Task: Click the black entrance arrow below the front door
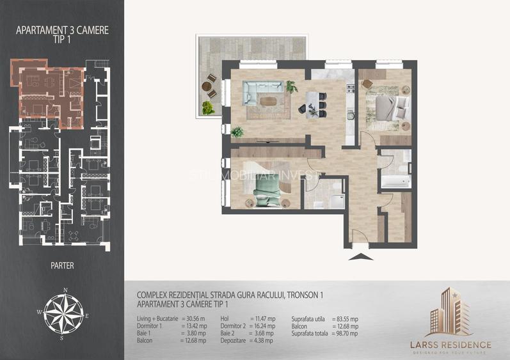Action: coord(362,257)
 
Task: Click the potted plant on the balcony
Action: coord(207,108)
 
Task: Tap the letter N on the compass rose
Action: coord(65,290)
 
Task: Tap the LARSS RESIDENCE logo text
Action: coord(451,345)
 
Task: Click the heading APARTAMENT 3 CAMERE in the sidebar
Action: coord(62,29)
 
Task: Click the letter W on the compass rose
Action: coord(39,313)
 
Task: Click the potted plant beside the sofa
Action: coord(291,86)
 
